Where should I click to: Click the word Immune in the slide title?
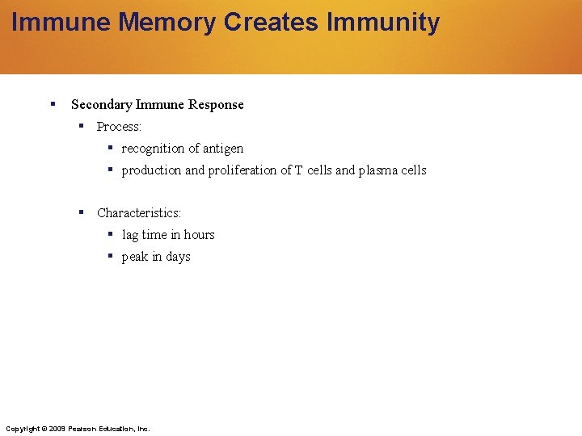(x=61, y=22)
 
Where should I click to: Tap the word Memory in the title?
(x=167, y=22)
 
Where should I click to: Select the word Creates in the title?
(x=271, y=22)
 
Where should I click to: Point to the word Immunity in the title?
(x=383, y=22)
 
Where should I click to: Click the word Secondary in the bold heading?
(x=102, y=105)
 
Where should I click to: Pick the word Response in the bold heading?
(x=216, y=105)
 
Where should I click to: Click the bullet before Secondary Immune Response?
(x=52, y=104)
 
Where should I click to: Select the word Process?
(x=119, y=127)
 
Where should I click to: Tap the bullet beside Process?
(x=82, y=126)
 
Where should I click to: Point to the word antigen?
(x=223, y=149)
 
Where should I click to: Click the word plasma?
(x=377, y=170)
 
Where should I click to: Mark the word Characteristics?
(x=139, y=213)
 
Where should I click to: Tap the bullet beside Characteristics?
(x=82, y=212)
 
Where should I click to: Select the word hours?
(x=199, y=235)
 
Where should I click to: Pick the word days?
(x=178, y=257)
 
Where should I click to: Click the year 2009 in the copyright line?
(x=57, y=428)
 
